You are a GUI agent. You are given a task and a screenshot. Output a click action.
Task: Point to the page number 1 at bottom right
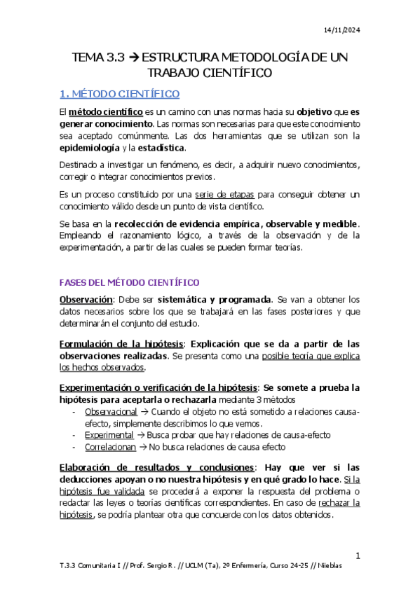(x=357, y=556)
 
